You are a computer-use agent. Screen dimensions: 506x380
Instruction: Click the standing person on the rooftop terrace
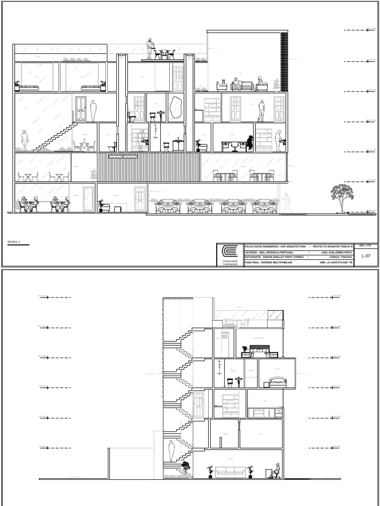coord(149,49)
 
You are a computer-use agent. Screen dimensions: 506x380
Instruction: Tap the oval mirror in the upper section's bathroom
coord(175,108)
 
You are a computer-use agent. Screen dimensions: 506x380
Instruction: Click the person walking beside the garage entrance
coord(286,203)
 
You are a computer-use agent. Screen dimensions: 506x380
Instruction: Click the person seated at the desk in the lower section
coord(276,471)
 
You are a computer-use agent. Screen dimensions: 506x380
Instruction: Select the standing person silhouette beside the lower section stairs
coord(172,451)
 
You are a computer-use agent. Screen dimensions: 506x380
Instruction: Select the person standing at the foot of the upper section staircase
coord(24,140)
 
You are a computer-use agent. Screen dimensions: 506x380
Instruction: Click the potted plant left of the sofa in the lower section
coord(210,471)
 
